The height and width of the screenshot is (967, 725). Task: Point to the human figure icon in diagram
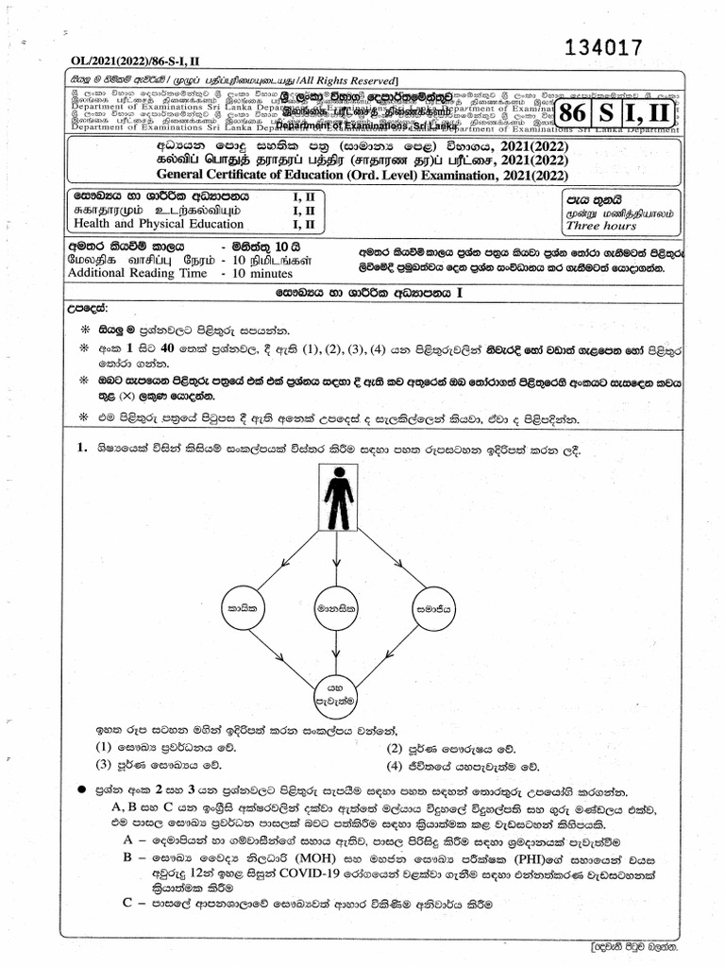click(339, 500)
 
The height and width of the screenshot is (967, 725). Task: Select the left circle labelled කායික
click(243, 611)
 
